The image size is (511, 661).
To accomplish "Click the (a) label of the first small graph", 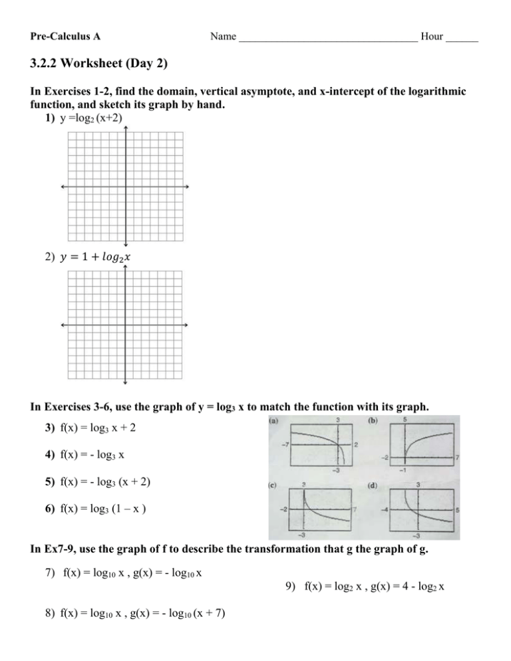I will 273,420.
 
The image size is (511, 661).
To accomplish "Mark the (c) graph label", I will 273,485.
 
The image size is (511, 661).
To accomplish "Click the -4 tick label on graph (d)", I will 384,509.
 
